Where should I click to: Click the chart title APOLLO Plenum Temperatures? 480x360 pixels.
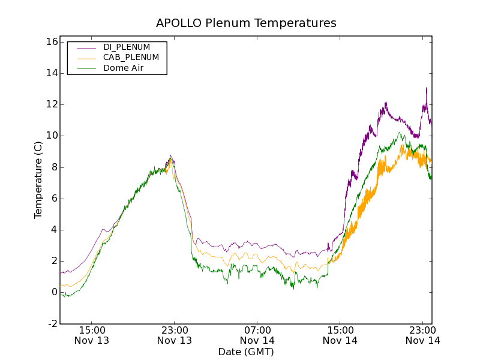246,23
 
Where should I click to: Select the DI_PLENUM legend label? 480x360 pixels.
127,47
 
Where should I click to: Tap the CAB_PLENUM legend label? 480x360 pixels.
131,58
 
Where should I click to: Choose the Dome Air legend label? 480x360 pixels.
124,68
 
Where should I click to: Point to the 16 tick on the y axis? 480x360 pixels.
50,42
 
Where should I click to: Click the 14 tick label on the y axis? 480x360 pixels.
50,73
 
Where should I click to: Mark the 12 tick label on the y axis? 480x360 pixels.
50,104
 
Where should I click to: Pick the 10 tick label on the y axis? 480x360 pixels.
50,136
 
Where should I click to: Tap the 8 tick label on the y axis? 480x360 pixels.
53,167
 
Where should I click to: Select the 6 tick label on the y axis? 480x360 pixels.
53,199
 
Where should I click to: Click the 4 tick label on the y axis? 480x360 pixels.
53,230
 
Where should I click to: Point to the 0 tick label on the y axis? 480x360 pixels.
53,292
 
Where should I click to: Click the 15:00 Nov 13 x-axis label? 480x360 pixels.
92,335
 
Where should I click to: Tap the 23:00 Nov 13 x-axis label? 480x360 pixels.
175,335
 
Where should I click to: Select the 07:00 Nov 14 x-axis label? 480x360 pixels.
257,335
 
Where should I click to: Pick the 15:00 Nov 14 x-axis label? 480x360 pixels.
340,335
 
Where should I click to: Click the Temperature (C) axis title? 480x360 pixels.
38,180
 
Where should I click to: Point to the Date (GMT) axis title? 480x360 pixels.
246,352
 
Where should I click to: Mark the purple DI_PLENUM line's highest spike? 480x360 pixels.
426,88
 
